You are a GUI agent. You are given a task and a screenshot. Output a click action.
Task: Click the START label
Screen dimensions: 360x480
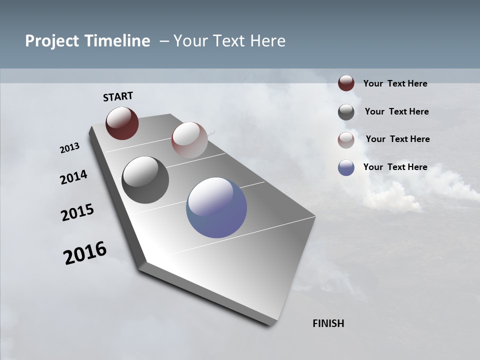(118, 96)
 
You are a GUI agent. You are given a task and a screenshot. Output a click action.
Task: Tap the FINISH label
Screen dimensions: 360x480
(328, 323)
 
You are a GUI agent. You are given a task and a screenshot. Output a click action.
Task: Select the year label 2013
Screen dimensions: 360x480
(70, 148)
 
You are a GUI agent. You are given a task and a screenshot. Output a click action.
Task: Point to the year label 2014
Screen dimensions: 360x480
(74, 177)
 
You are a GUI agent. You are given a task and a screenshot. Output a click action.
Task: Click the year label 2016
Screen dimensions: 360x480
(85, 253)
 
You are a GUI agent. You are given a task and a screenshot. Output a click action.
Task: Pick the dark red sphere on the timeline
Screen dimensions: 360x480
(122, 123)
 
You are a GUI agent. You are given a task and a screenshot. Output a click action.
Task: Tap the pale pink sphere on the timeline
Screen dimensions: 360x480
(189, 140)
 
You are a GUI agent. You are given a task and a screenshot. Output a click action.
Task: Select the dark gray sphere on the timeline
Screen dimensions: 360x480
(145, 180)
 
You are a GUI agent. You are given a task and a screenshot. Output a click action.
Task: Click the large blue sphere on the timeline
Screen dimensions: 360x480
(216, 207)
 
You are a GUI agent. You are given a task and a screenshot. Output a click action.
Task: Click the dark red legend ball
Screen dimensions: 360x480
(346, 83)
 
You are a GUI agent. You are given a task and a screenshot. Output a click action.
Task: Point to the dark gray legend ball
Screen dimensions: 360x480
(346, 112)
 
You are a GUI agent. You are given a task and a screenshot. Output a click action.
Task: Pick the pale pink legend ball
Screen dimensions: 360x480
(346, 140)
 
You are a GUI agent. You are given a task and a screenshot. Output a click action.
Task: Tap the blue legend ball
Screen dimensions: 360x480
(346, 167)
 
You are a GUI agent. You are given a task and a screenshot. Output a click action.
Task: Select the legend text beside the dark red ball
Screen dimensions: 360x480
(395, 84)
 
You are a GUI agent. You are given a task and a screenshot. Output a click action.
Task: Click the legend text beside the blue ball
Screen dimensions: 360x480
(395, 167)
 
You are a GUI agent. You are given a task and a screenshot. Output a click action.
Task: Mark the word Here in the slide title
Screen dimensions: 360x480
(267, 41)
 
